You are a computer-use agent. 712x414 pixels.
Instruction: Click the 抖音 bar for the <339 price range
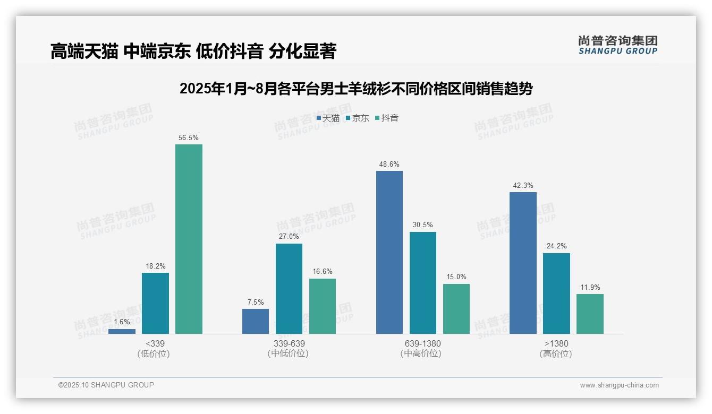click(x=189, y=239)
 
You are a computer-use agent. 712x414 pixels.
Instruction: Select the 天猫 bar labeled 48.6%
click(x=389, y=252)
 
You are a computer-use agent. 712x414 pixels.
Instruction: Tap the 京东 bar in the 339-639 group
click(x=289, y=289)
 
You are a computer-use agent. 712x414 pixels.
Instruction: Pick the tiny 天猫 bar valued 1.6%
click(x=122, y=331)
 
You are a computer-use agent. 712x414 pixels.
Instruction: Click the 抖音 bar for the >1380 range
click(x=590, y=314)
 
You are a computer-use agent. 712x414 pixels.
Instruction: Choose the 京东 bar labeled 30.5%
click(x=423, y=283)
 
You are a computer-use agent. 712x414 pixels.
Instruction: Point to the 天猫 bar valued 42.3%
click(x=523, y=263)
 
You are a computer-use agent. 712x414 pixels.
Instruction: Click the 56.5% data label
click(x=189, y=138)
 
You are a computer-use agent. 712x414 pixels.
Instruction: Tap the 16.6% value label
click(x=323, y=272)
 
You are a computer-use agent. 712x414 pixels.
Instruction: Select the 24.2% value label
click(x=556, y=246)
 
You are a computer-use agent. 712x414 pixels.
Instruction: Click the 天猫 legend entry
click(x=328, y=118)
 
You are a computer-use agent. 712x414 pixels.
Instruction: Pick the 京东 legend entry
click(x=358, y=118)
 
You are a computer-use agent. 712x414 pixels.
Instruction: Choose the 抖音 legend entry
click(x=387, y=118)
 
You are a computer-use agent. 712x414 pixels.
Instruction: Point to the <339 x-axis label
click(x=155, y=344)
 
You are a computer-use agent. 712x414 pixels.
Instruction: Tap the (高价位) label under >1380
click(x=556, y=354)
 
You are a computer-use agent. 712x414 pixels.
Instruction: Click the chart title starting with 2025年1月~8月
click(x=356, y=89)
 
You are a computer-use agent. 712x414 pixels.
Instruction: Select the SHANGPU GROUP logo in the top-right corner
click(x=617, y=45)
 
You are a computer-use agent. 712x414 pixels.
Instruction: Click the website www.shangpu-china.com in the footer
click(x=619, y=385)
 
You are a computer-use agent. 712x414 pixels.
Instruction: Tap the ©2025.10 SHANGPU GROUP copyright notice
click(x=106, y=385)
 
